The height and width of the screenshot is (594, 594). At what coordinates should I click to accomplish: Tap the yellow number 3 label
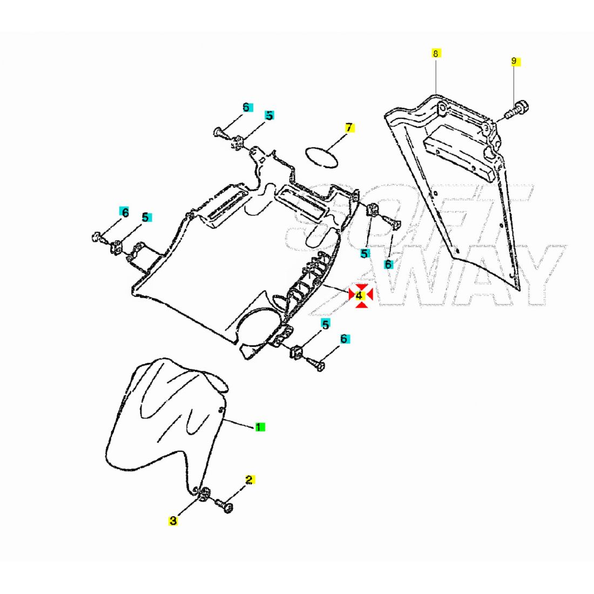pos(173,521)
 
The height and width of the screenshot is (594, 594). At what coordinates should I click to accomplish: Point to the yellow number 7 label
pos(349,128)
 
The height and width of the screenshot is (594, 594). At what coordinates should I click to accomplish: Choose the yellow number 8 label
pos(436,53)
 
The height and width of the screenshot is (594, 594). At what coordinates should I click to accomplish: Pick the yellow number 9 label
pos(514,61)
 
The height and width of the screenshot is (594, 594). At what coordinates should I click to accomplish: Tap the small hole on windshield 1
pos(221,411)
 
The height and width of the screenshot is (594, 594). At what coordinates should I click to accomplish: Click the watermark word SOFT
pos(410,216)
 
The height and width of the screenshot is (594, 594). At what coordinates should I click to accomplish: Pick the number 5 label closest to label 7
pos(269,116)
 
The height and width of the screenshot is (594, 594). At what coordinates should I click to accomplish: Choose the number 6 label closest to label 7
pos(246,107)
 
